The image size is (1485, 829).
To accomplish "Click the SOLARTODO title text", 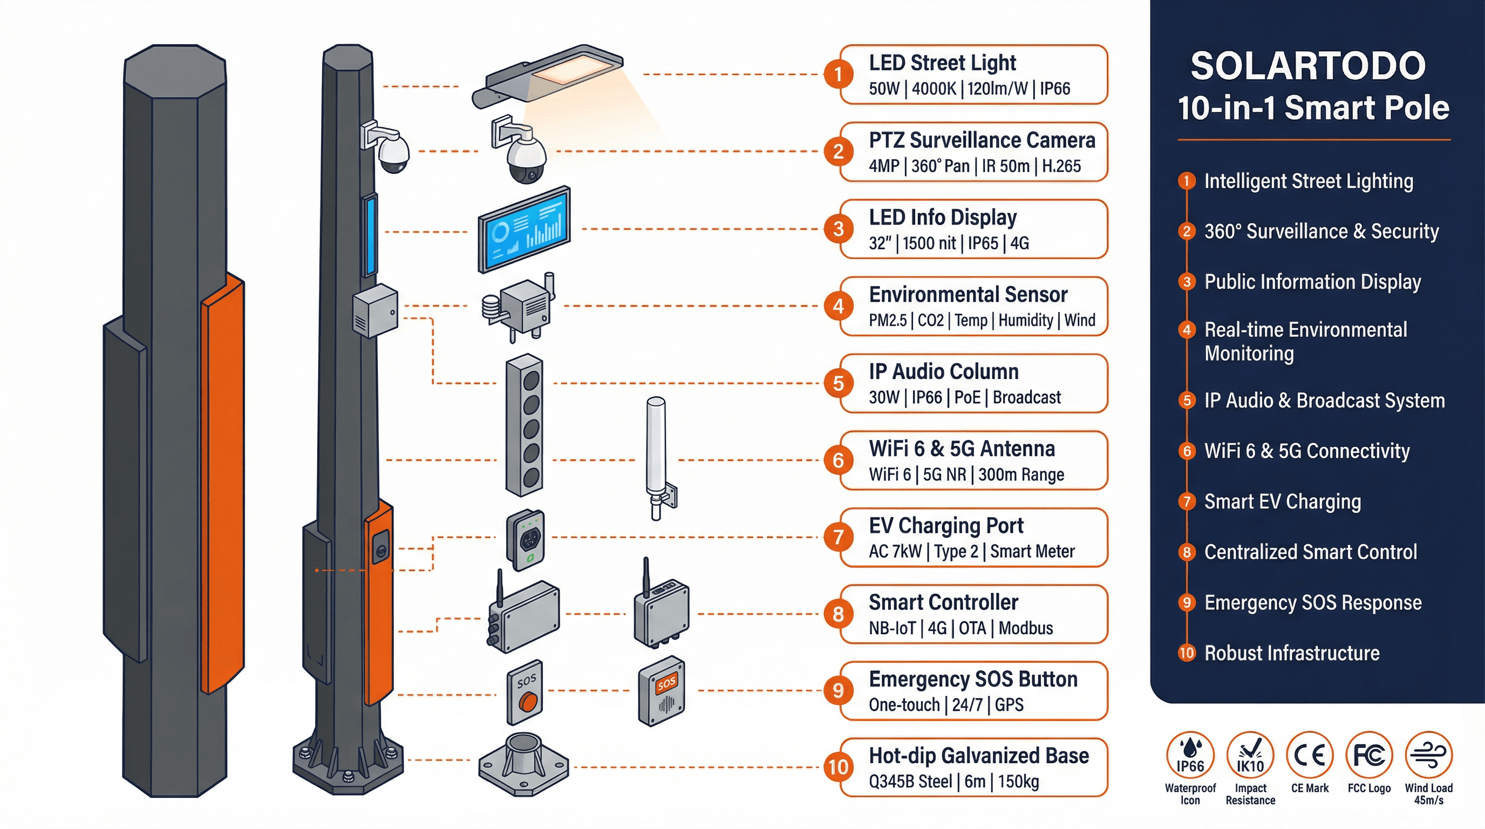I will point(1307,66).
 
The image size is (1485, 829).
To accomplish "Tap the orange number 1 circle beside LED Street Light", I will point(838,74).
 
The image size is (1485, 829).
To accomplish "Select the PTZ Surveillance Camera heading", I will point(982,140).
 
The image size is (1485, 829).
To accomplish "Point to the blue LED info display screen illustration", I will point(524,229).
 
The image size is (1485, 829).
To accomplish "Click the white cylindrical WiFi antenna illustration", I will point(656,450).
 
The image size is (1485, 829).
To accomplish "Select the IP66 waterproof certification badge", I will point(1190,755).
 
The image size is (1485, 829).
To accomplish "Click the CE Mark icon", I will point(1309,755).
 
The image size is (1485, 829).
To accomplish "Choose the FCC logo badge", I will point(1369,755).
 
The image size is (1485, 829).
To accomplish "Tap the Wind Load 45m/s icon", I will point(1428,755).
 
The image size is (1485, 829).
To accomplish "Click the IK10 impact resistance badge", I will point(1250,755).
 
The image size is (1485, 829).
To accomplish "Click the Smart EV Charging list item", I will point(1282,501).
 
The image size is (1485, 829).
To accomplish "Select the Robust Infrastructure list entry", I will point(1291,653).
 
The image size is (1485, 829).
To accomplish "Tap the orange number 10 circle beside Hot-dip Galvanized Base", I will point(838,767).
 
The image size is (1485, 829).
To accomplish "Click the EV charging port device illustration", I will point(525,540).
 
